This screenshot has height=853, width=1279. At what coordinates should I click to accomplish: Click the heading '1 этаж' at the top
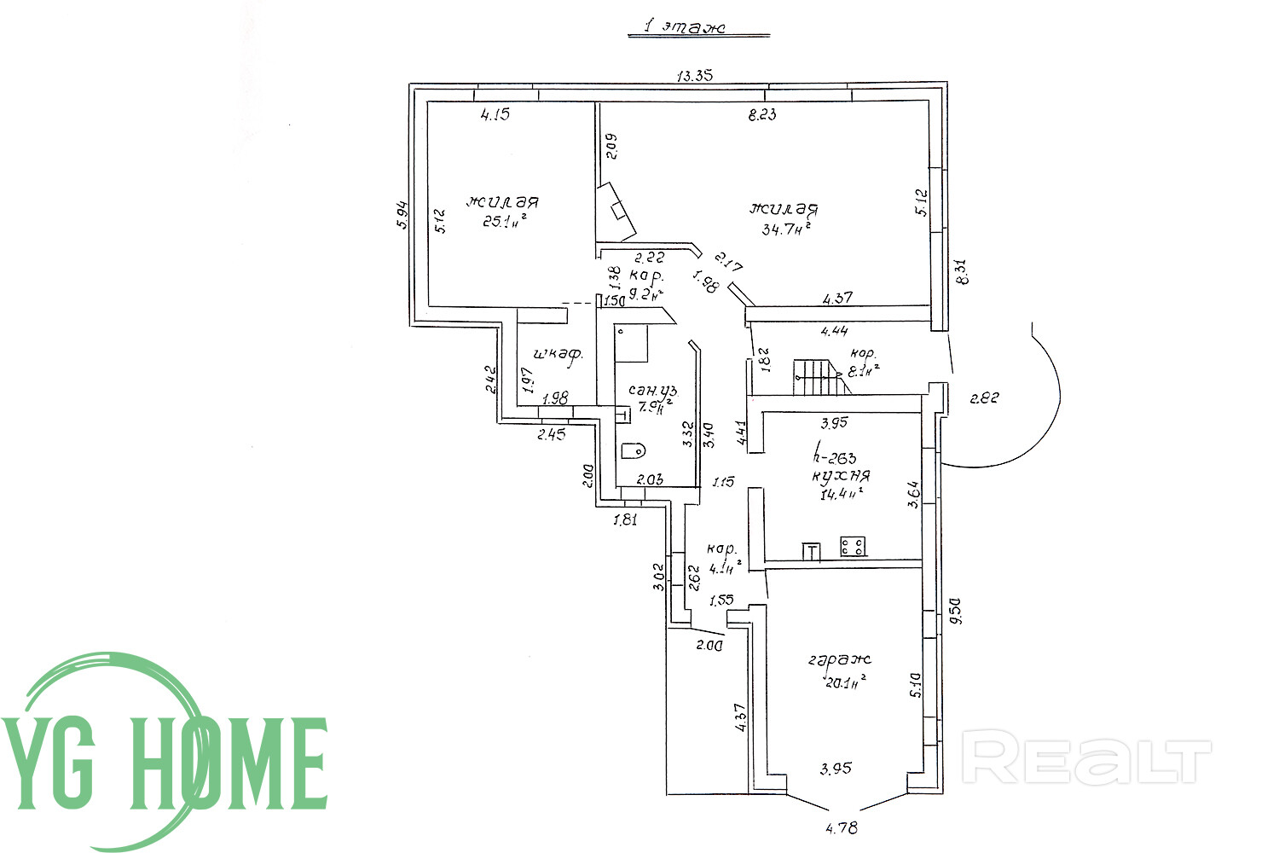685,27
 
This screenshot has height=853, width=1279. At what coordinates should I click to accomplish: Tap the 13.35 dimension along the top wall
694,75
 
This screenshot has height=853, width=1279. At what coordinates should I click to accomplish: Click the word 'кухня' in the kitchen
841,476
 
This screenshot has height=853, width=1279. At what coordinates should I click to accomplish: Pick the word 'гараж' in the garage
840,659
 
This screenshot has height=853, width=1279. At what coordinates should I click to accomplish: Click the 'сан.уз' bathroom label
652,390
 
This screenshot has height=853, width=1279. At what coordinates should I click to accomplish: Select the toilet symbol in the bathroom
633,450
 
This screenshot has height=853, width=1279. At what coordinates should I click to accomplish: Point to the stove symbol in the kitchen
853,546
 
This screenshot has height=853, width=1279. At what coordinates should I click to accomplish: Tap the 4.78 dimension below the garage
841,827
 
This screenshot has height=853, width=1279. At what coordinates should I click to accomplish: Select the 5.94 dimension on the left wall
403,213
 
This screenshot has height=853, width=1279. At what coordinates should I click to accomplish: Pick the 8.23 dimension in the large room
761,115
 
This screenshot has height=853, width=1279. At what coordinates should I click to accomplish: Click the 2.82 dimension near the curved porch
984,397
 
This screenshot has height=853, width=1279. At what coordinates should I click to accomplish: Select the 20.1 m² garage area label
844,681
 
